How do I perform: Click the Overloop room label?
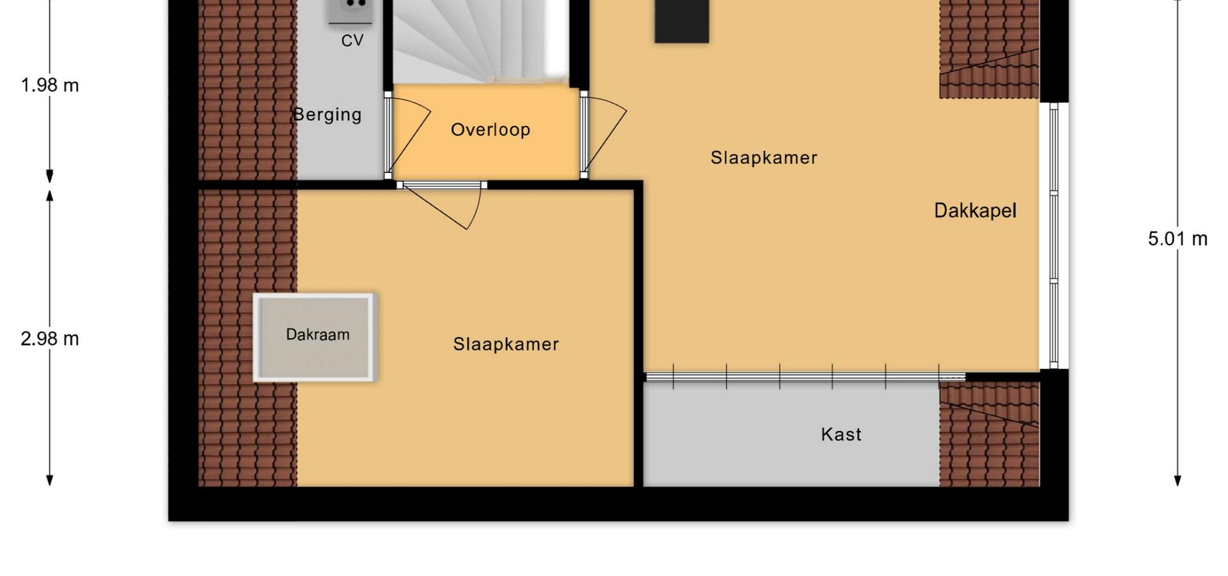(491, 130)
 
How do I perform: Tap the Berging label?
(327, 115)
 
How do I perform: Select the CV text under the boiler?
(352, 41)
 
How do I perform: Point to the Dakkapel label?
(975, 211)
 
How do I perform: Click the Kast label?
(841, 435)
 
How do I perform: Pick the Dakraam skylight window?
(314, 337)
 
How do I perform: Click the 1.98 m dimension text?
(50, 85)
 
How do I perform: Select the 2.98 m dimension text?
(50, 339)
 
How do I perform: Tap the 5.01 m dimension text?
(1177, 239)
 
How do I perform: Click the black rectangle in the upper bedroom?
(682, 21)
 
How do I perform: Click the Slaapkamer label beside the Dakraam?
(506, 344)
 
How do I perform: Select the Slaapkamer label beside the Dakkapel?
(764, 158)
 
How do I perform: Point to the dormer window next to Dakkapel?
(1054, 236)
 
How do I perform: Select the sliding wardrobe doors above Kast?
(805, 377)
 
